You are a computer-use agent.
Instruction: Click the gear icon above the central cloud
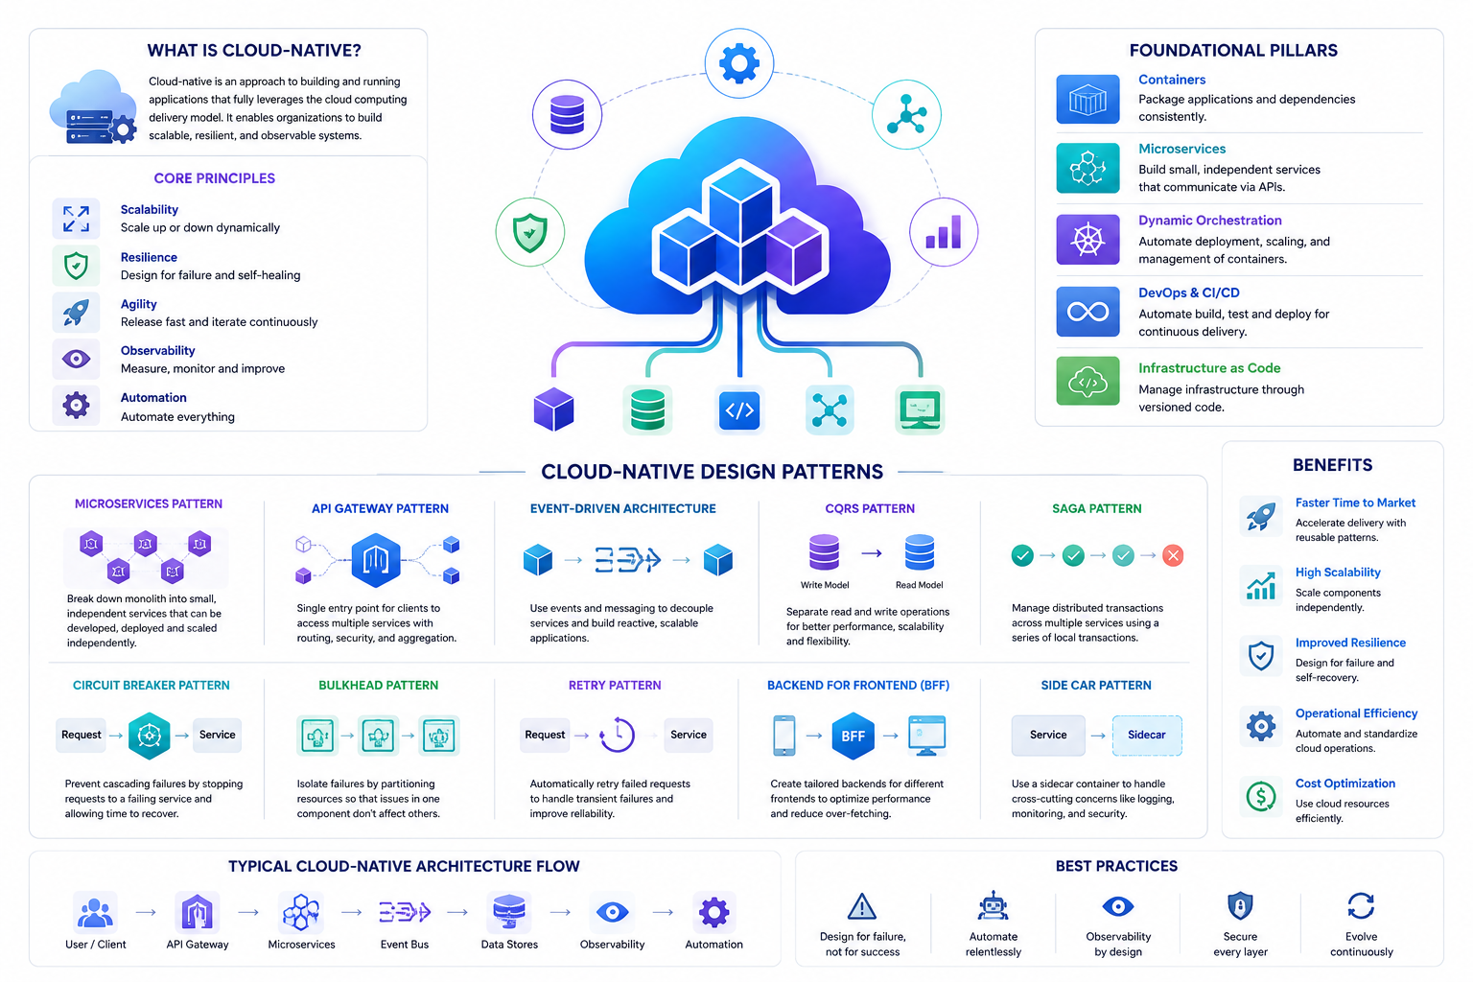click(738, 63)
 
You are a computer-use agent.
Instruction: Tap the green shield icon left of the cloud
click(530, 232)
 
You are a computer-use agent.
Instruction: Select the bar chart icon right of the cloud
click(943, 231)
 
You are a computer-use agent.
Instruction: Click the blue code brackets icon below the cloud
click(739, 409)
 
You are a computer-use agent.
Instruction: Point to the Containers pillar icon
click(1087, 100)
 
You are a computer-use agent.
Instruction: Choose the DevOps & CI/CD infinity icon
click(1087, 311)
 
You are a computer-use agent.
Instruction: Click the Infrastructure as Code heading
click(1208, 367)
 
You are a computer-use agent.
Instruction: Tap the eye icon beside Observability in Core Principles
click(77, 359)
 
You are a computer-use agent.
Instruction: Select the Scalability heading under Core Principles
click(150, 209)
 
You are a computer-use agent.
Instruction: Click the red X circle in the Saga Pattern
click(1173, 555)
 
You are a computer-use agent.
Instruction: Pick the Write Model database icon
click(824, 551)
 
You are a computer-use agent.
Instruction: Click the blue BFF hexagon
click(853, 736)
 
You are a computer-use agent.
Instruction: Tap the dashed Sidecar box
click(1146, 735)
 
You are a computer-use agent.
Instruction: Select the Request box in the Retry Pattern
click(545, 735)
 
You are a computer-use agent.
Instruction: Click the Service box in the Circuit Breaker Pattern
click(217, 735)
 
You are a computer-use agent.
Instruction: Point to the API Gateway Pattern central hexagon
click(376, 560)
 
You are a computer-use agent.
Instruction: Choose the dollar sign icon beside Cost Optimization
click(1261, 797)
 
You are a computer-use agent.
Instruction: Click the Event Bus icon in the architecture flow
click(405, 912)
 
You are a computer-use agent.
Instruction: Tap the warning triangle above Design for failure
click(861, 906)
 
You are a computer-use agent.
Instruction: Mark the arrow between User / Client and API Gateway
click(146, 912)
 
